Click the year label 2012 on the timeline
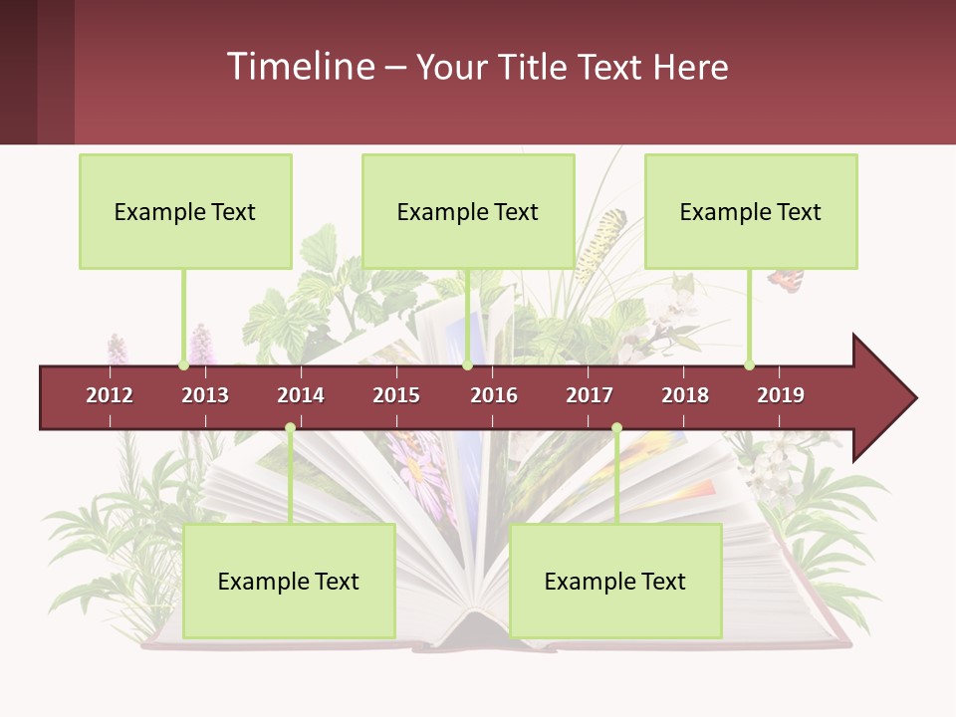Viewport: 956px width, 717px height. tap(110, 395)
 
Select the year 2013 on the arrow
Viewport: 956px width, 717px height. tap(205, 395)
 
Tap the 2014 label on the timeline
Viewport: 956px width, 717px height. tap(301, 395)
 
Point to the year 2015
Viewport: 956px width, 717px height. tap(396, 395)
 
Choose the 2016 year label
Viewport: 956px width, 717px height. tap(494, 395)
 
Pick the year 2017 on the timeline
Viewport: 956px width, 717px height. tap(590, 395)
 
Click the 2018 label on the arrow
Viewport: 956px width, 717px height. tap(685, 395)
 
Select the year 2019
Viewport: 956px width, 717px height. tap(781, 395)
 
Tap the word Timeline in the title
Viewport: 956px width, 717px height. tap(299, 67)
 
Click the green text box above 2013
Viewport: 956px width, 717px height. tap(185, 211)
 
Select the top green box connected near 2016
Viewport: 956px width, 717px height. tap(468, 211)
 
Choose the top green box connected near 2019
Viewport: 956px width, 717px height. tap(751, 211)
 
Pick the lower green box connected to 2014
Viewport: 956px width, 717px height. tap(289, 581)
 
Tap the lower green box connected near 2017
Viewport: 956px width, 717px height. tap(615, 581)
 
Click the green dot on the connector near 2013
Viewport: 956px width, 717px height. tap(183, 364)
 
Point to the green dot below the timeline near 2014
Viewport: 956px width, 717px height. tap(290, 427)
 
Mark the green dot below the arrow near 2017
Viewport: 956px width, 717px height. tap(616, 427)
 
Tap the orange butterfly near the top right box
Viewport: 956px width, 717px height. tap(785, 280)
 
